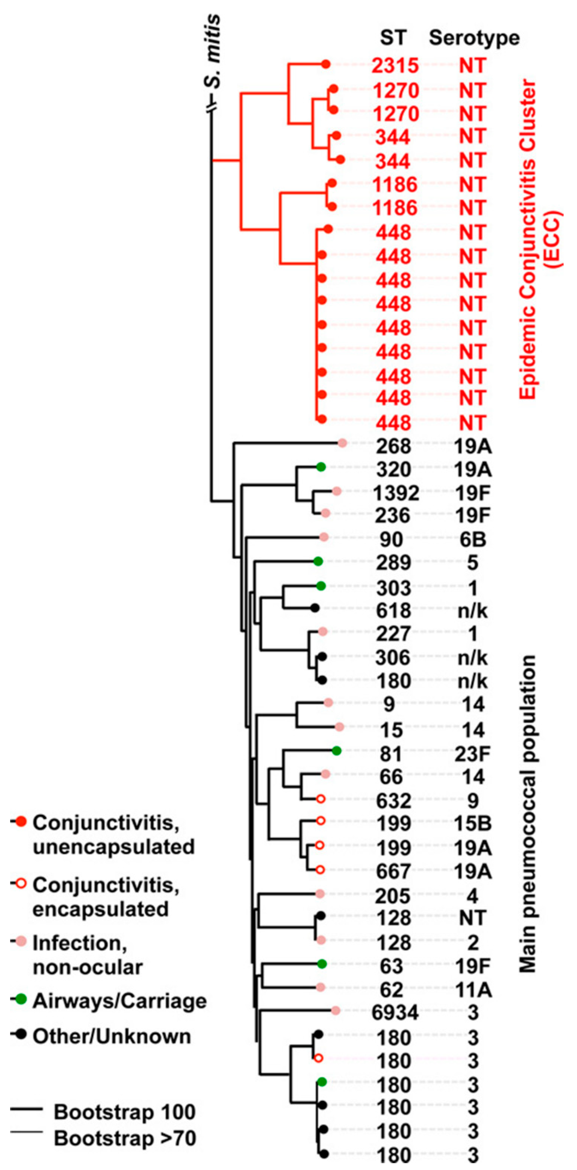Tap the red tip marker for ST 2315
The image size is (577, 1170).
click(325, 65)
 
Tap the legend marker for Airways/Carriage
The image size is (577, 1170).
click(21, 999)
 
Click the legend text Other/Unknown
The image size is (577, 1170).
click(111, 1037)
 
